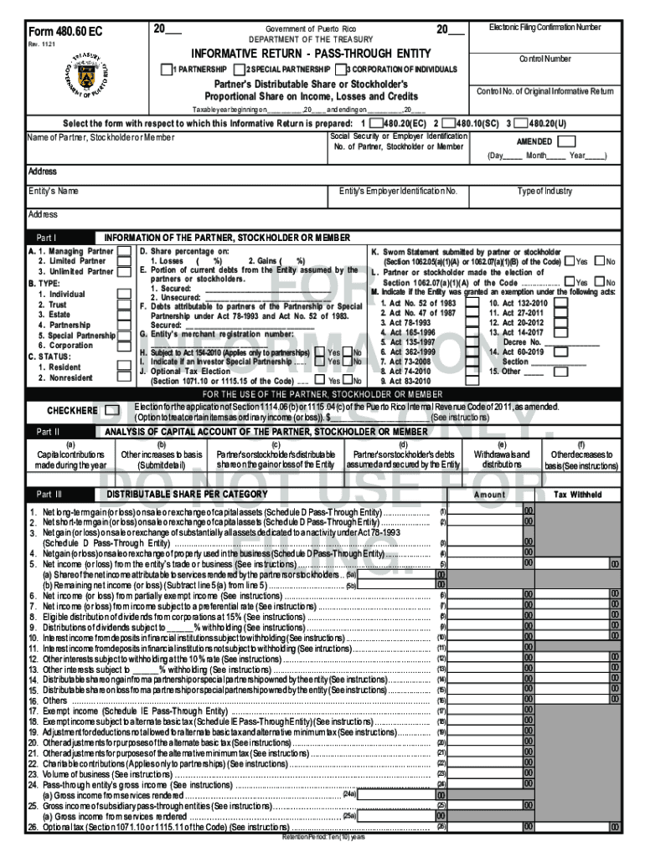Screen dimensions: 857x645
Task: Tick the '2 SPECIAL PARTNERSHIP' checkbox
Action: [239, 69]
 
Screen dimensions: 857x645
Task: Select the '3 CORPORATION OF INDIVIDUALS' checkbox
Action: [342, 69]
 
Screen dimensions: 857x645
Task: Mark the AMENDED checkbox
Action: [566, 141]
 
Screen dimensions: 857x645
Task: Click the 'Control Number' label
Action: [544, 59]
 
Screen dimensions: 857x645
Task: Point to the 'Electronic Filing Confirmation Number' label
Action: [544, 28]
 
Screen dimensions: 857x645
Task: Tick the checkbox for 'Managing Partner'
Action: [123, 250]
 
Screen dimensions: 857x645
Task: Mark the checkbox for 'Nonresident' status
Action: [123, 377]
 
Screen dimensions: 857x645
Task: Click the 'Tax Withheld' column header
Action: [578, 495]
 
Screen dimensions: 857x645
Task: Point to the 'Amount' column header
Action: [490, 495]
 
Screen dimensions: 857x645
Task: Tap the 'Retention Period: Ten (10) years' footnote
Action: [323, 837]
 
